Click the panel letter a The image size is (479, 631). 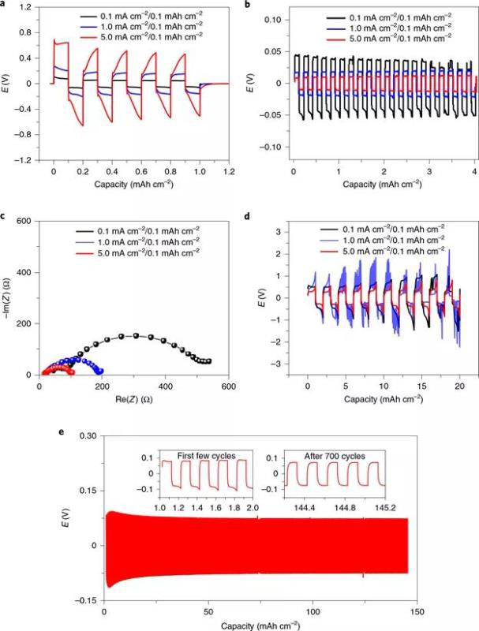click(5, 5)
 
